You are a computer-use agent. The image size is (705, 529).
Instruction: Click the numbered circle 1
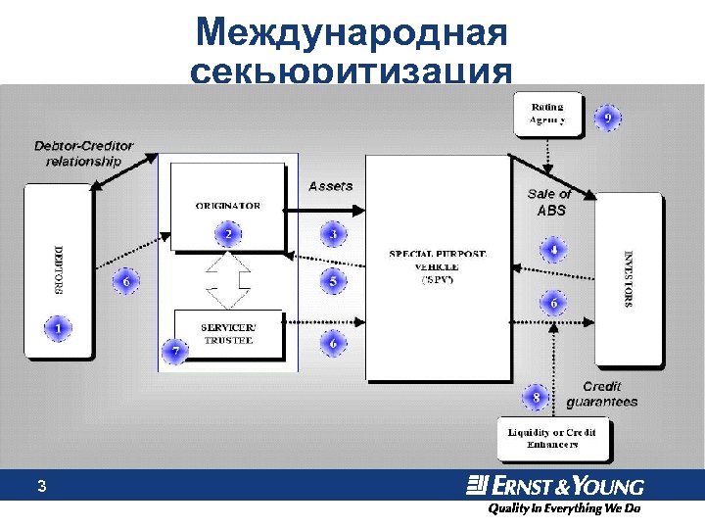pos(60,328)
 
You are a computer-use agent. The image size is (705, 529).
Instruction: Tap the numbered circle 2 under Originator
pos(228,235)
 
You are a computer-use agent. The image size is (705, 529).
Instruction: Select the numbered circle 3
pos(333,235)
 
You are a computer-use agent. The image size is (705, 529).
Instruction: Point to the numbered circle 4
pos(553,250)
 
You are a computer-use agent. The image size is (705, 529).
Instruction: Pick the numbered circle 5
pos(333,282)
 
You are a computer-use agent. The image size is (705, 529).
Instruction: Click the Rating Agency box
pos(548,114)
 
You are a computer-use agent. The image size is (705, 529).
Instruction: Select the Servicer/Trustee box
pos(227,332)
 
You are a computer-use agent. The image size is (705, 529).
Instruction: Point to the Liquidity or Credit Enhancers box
pos(554,438)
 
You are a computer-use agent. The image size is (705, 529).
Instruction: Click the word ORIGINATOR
pos(227,206)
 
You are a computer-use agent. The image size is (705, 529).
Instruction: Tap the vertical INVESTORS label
pos(628,278)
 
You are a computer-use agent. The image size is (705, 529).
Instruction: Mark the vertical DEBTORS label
pos(57,269)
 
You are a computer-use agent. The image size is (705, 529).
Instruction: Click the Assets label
pos(331,186)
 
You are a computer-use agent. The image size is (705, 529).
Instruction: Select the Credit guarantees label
pos(601,394)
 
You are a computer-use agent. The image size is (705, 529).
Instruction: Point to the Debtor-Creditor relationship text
pos(84,154)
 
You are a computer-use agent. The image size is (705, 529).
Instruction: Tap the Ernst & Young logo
pos(555,486)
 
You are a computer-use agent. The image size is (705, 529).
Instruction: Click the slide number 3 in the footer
pos(41,486)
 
